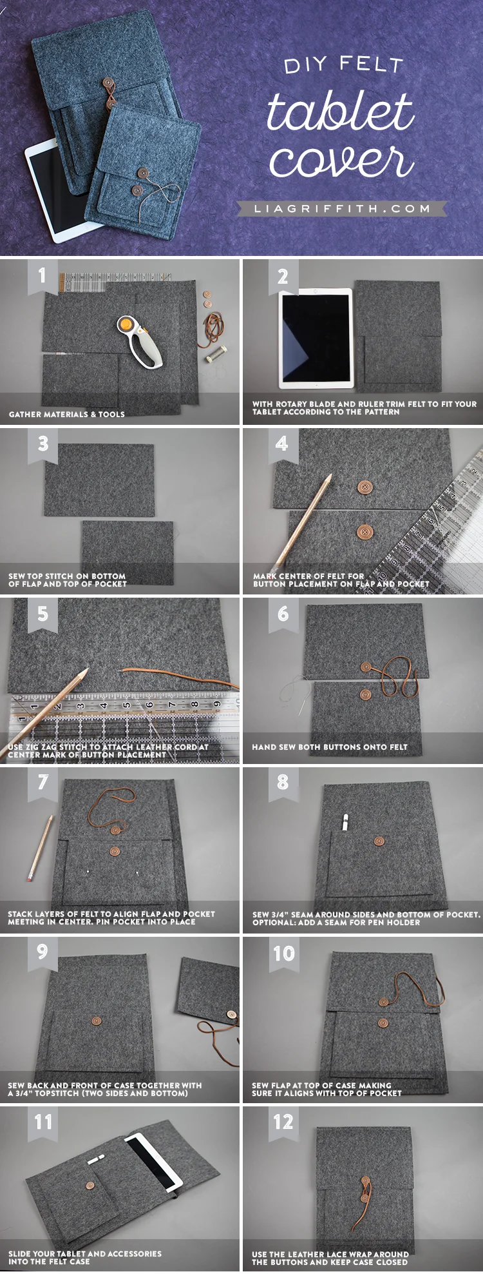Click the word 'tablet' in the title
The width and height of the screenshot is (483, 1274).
pyautogui.click(x=340, y=111)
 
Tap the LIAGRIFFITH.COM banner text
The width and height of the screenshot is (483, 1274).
pyautogui.click(x=342, y=209)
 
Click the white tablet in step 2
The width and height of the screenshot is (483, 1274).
pyautogui.click(x=316, y=338)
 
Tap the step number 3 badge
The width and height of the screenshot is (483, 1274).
pyautogui.click(x=43, y=444)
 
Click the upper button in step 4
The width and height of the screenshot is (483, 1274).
pyautogui.click(x=365, y=487)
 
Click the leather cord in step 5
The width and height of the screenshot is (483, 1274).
pyautogui.click(x=174, y=675)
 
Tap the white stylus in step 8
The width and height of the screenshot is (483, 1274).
pyautogui.click(x=345, y=822)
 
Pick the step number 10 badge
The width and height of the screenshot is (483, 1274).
pyautogui.click(x=283, y=953)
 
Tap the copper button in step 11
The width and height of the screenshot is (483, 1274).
pyautogui.click(x=91, y=1185)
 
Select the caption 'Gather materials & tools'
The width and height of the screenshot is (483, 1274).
pyautogui.click(x=67, y=415)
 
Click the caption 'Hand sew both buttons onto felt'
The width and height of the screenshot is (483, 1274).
pyautogui.click(x=330, y=747)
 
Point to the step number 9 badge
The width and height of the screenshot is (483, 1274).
pyautogui.click(x=43, y=952)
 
